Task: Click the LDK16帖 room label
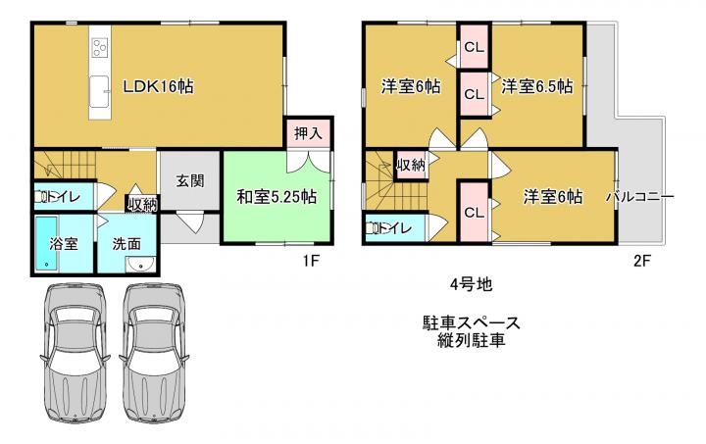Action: tap(159, 86)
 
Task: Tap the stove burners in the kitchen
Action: tap(100, 48)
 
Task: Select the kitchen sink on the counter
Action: tap(99, 92)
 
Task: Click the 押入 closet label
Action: tap(309, 132)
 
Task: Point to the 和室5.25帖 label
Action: tap(277, 197)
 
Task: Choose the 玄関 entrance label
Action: tap(190, 181)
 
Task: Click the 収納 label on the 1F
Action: tap(142, 205)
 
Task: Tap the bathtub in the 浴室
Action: tap(46, 244)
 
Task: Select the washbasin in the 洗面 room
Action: tap(140, 264)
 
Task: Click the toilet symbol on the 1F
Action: tap(41, 197)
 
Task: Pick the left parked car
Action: tap(75, 353)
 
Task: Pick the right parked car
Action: tap(154, 353)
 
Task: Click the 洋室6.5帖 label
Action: tap(537, 86)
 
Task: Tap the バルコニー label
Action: tap(639, 197)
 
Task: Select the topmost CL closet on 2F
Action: tap(475, 47)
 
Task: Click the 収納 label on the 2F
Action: tap(411, 165)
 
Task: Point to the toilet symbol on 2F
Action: tap(372, 228)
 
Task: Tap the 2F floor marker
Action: tap(642, 261)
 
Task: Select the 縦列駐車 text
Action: tap(472, 340)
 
